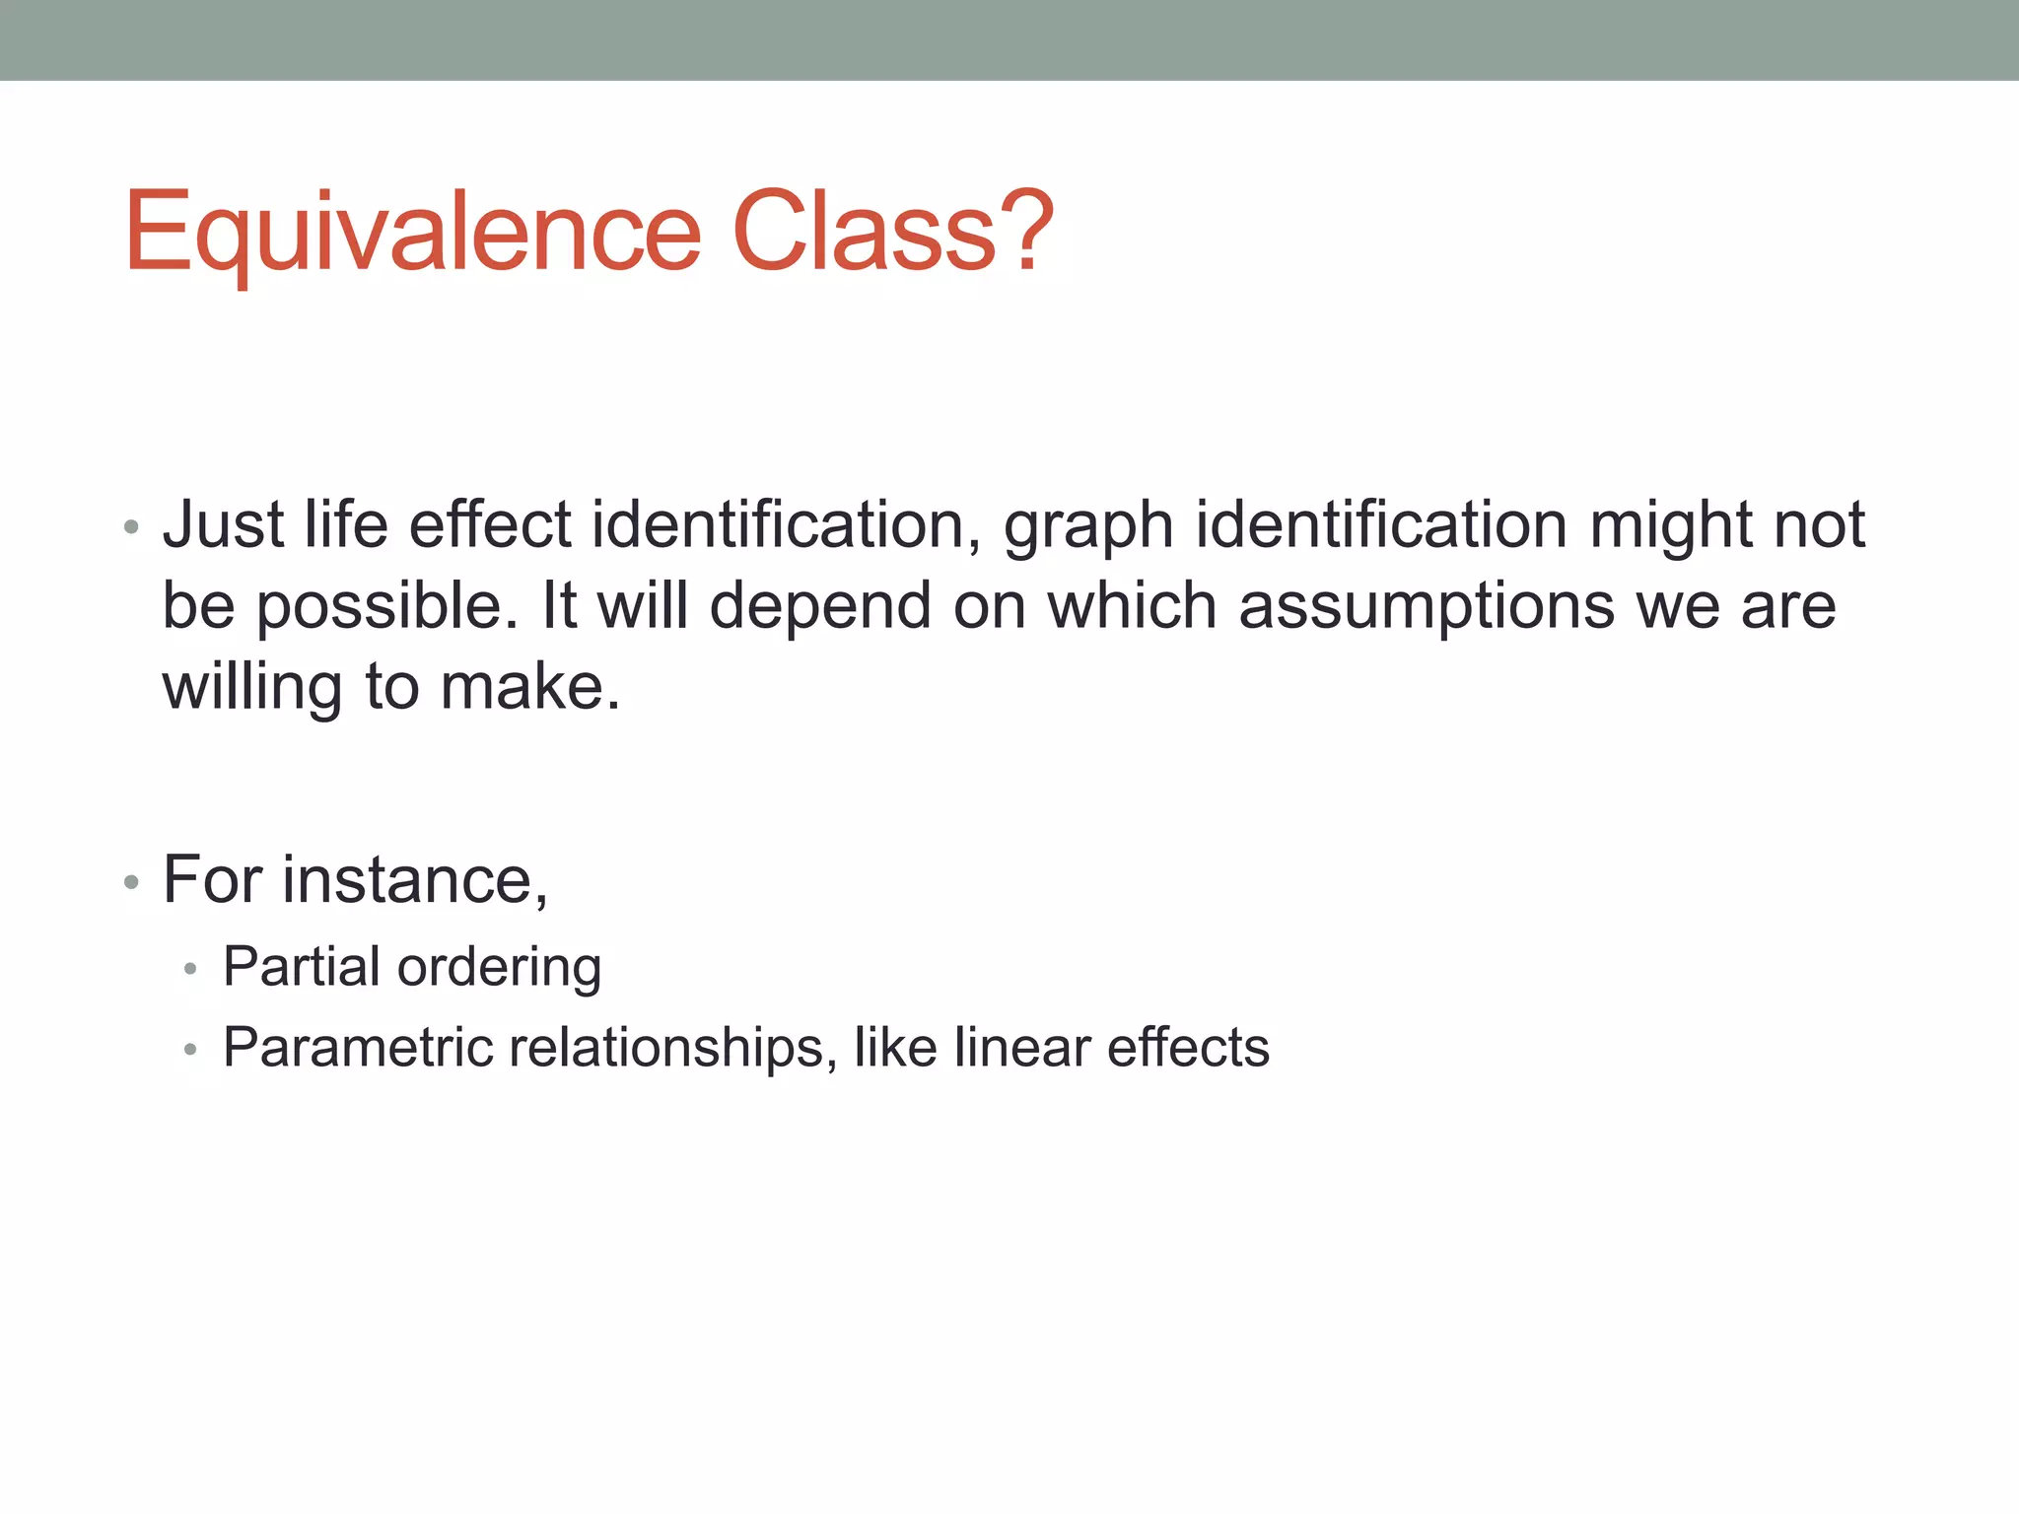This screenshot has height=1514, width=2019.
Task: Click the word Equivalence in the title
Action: point(412,233)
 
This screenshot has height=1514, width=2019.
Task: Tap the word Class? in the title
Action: point(893,233)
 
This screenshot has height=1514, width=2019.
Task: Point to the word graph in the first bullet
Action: point(1088,526)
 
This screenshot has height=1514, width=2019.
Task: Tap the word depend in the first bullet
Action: point(820,607)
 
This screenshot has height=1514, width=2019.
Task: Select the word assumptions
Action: point(1427,607)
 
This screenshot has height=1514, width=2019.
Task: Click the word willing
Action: point(252,688)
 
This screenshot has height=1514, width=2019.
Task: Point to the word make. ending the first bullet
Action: point(530,686)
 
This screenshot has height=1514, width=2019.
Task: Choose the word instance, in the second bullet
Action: point(415,879)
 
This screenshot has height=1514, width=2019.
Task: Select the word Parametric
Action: point(357,1047)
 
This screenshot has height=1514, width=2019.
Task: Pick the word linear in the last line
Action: point(1020,1047)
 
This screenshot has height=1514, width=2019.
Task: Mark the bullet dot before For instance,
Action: point(131,882)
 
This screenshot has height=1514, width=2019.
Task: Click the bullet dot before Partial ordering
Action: point(190,970)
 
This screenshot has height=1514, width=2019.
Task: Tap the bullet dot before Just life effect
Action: point(131,527)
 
